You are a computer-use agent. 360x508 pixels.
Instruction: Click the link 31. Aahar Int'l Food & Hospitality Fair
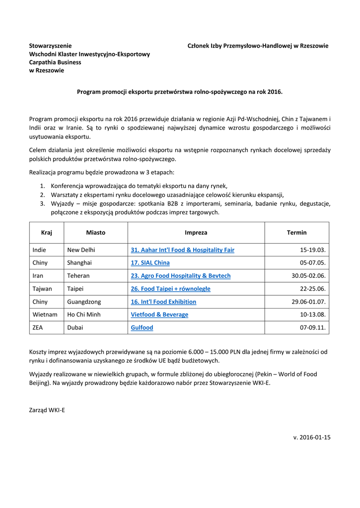click(x=182, y=250)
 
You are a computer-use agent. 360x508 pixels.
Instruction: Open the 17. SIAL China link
click(x=150, y=263)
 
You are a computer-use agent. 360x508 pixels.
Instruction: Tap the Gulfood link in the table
click(x=142, y=328)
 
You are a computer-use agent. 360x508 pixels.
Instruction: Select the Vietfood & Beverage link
click(x=159, y=315)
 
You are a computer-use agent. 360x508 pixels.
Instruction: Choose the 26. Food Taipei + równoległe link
click(x=170, y=289)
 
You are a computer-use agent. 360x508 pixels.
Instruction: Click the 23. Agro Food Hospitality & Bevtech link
click(x=180, y=276)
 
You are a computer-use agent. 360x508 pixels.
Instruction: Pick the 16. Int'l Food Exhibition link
click(x=163, y=302)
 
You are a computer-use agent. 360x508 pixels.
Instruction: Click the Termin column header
click(x=296, y=233)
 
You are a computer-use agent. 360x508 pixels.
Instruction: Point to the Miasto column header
click(x=95, y=233)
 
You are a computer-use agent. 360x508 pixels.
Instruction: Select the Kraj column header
click(x=47, y=233)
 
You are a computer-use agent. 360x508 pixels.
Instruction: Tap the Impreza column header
click(x=196, y=233)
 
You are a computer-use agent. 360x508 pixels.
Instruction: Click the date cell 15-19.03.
click(x=313, y=250)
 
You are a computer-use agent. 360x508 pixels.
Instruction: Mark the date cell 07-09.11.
click(x=313, y=328)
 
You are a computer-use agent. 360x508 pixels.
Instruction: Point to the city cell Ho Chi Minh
click(x=84, y=315)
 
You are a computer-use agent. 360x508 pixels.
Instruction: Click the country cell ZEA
click(x=38, y=328)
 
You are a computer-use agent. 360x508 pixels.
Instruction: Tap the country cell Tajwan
click(x=42, y=289)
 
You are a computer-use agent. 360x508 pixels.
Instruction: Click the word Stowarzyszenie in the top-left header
click(x=50, y=46)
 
